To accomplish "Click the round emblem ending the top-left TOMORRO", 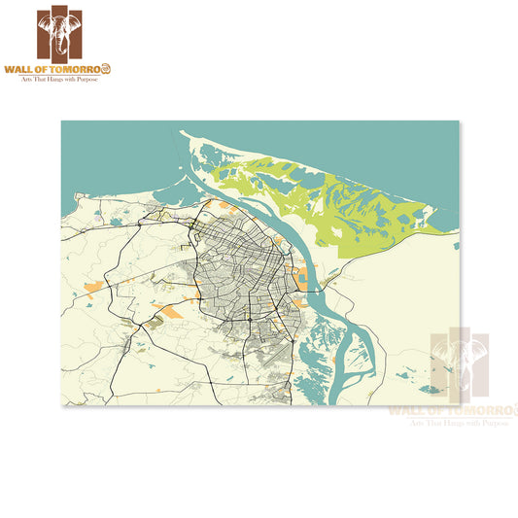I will click(107, 69).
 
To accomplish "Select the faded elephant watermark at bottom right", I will click(462, 364).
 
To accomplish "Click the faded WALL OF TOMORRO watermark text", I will click(452, 410).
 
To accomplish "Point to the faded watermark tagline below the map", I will click(462, 423).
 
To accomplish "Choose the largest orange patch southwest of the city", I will click(169, 312).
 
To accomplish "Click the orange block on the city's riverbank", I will click(301, 283).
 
